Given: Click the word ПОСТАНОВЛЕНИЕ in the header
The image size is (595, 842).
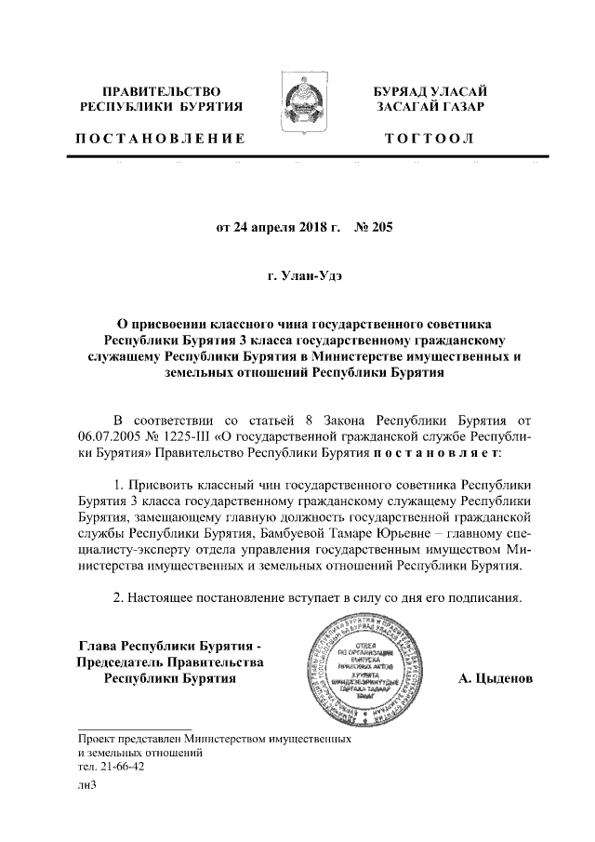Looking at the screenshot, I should [x=160, y=139].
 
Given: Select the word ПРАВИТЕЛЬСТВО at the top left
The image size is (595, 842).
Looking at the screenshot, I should [x=160, y=91].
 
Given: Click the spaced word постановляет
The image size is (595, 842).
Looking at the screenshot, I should [x=436, y=452].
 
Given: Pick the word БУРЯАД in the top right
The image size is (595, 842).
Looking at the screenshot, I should [x=405, y=91].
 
